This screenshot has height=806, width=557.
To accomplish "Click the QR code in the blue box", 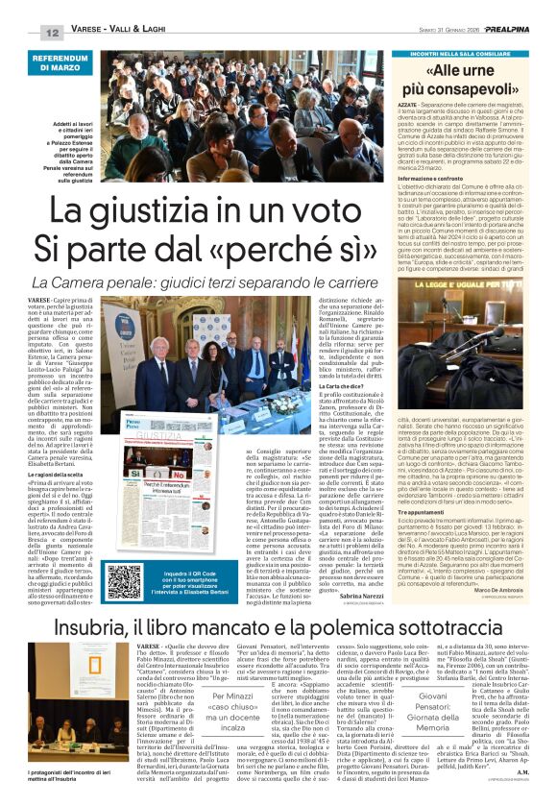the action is click(x=124, y=581).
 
